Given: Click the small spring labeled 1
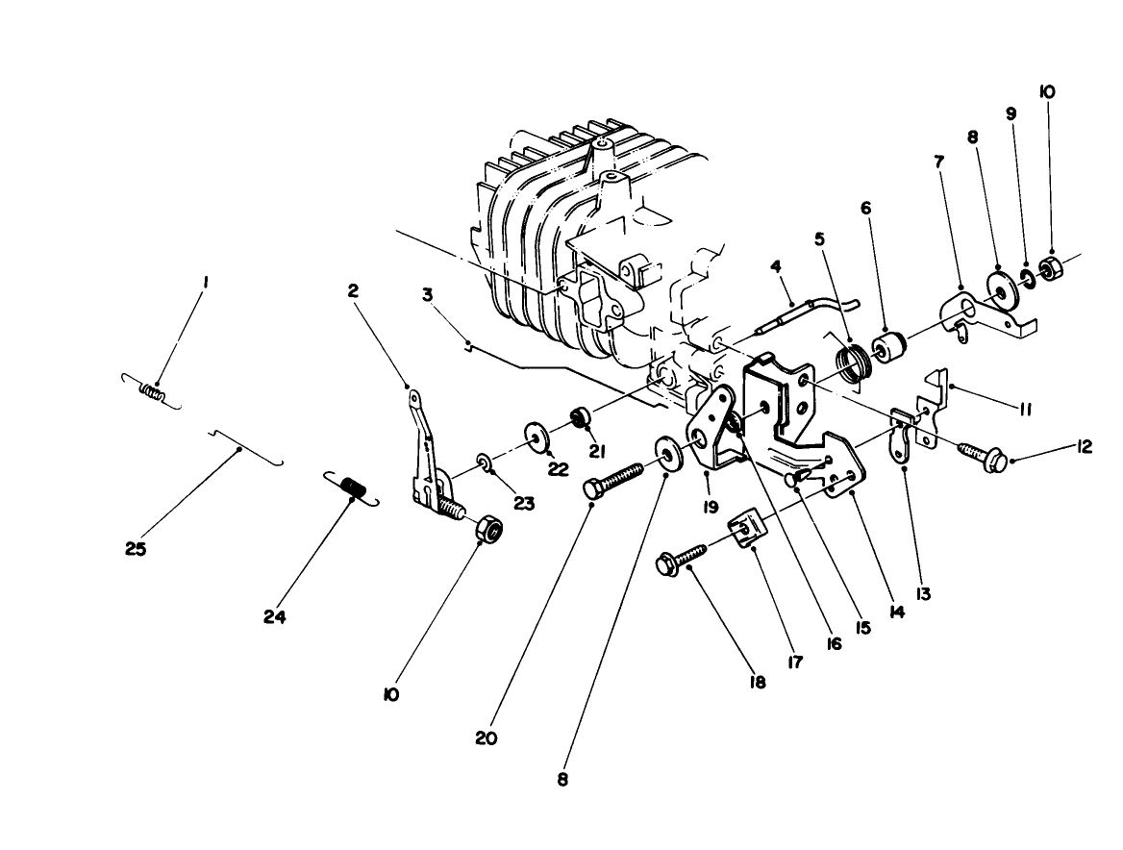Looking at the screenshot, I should click(152, 391).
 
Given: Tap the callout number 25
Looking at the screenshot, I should click(136, 550).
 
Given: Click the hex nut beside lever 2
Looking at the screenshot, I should click(488, 529).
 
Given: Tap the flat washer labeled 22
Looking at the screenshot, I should click(537, 436).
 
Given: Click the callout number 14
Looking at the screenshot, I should click(897, 610).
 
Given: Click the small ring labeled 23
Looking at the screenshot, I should click(487, 466).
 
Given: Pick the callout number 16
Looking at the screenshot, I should click(833, 642).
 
